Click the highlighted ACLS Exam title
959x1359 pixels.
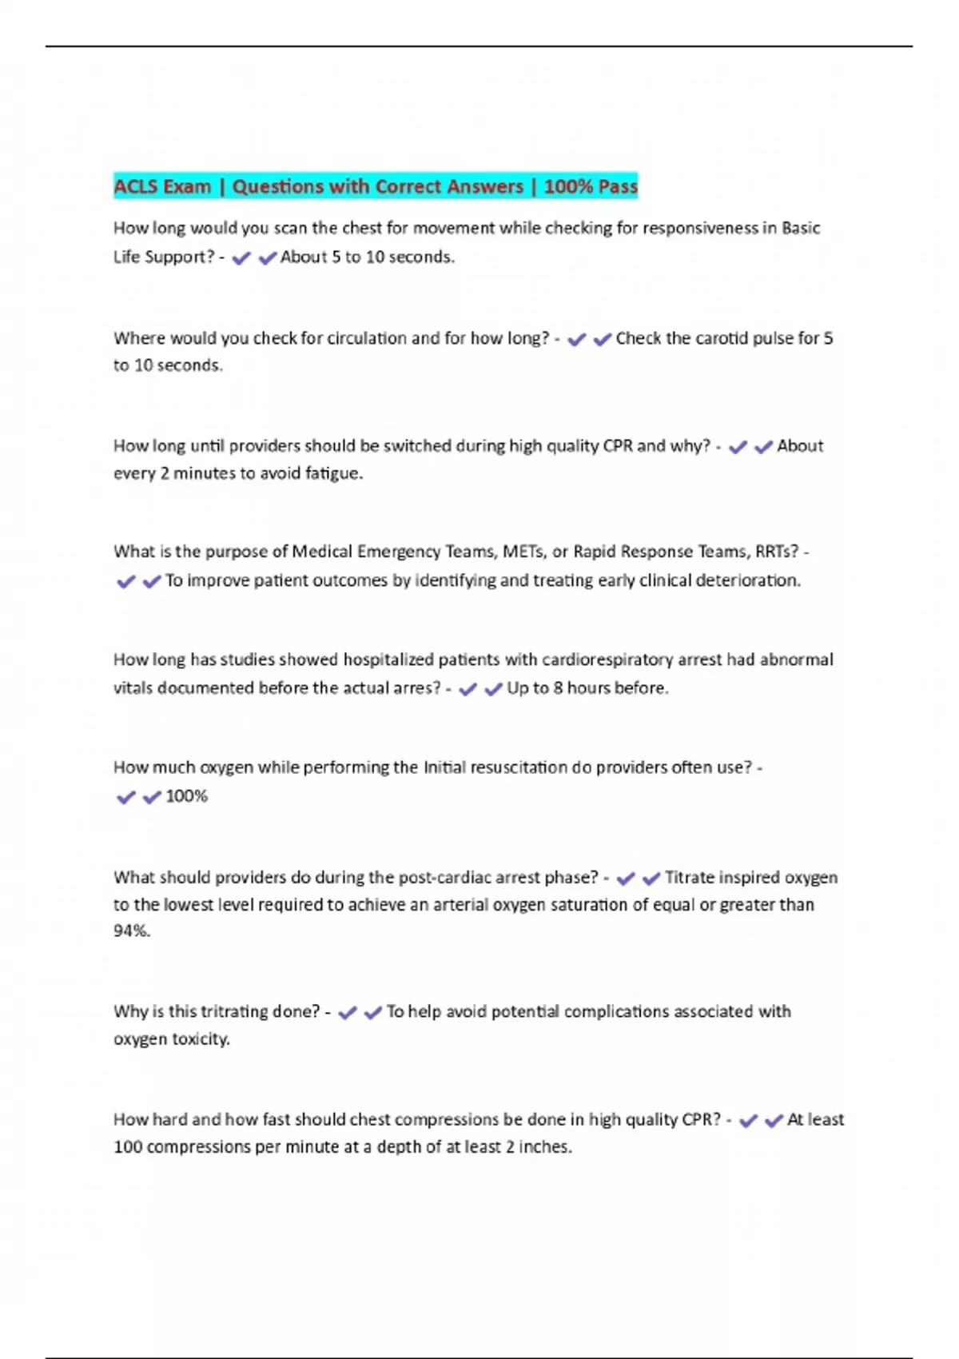(x=376, y=187)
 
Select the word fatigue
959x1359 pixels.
(x=333, y=473)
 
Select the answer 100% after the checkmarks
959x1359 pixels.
(x=186, y=796)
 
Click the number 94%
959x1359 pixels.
(x=131, y=931)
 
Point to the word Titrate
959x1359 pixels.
(x=690, y=878)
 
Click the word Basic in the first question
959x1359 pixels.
(x=801, y=229)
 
